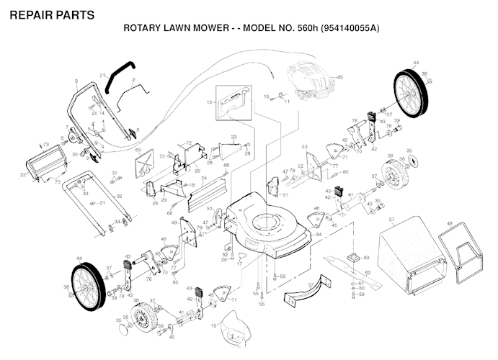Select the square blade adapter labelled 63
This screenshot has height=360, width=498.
pyautogui.click(x=352, y=256)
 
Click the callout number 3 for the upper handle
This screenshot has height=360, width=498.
pyautogui.click(x=76, y=81)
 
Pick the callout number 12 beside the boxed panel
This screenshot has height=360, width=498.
pyautogui.click(x=210, y=103)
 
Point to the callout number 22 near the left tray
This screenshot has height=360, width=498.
pyautogui.click(x=22, y=174)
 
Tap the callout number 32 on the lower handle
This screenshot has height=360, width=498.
pyautogui.click(x=119, y=196)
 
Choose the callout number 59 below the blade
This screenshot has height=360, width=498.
pyautogui.click(x=362, y=294)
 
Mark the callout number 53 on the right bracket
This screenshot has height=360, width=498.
pyautogui.click(x=305, y=147)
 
